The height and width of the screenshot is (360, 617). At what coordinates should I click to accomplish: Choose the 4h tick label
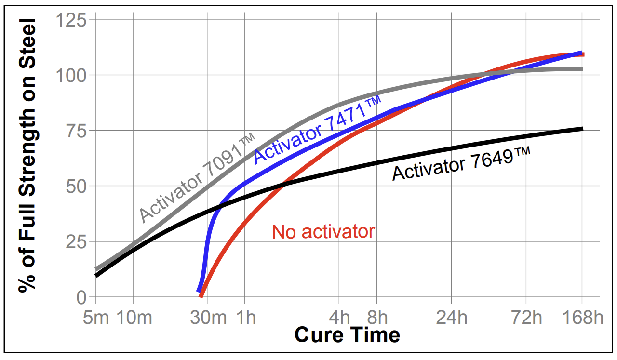tap(339, 318)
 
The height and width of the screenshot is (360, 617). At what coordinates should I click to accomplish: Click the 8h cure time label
tap(377, 318)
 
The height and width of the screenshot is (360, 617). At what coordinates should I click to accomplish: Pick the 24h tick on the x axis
tap(452, 318)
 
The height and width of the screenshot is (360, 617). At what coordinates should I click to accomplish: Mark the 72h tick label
tap(525, 318)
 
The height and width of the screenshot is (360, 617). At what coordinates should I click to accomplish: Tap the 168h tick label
tap(582, 318)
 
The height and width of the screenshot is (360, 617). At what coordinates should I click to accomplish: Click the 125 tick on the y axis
tap(71, 20)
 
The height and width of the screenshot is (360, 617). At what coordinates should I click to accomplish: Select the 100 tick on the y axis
tap(71, 76)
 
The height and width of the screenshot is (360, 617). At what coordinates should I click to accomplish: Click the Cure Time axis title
tap(347, 334)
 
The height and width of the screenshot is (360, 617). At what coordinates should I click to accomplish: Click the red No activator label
tap(323, 232)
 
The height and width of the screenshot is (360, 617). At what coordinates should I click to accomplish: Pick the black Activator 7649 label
tap(461, 164)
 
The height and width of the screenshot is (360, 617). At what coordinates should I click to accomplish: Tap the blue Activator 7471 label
tap(317, 129)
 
